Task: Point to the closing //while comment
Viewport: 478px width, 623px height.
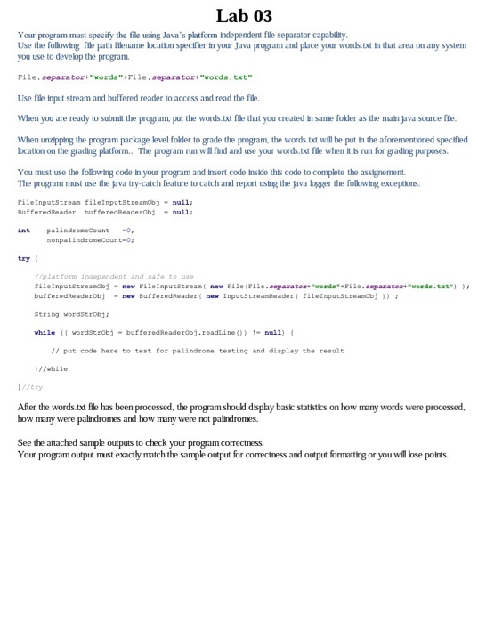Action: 51,368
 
